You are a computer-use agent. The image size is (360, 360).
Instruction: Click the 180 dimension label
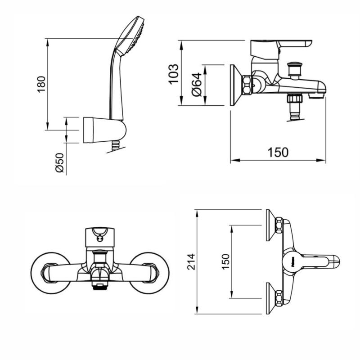pyautogui.click(x=41, y=84)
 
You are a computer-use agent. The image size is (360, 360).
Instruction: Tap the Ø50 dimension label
pyautogui.click(x=59, y=163)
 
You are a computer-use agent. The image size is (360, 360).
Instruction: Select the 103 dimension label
pyautogui.click(x=174, y=74)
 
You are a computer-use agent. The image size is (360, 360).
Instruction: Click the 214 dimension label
pyautogui.click(x=191, y=261)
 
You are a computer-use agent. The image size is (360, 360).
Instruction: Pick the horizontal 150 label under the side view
pyautogui.click(x=278, y=152)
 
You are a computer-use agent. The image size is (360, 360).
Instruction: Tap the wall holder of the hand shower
pyautogui.click(x=105, y=130)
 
